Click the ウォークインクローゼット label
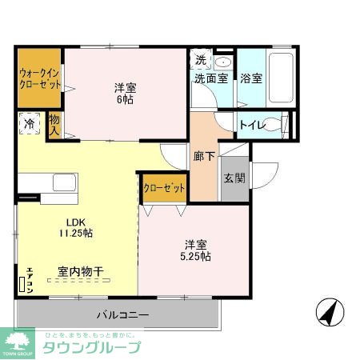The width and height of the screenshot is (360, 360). coord(39,78)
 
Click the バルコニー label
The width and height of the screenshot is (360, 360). coord(123,314)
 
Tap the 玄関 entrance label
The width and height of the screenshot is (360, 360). coord(233,178)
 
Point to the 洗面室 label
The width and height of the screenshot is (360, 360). coord(210,78)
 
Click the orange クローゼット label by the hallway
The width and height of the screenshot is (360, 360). coord(164,187)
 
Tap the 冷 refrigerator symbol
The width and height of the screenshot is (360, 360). coord(29,125)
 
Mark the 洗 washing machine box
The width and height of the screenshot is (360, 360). coord(200,60)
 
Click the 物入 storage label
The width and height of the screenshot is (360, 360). coord(54,124)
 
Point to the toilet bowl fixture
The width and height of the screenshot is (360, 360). coord(276,124)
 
